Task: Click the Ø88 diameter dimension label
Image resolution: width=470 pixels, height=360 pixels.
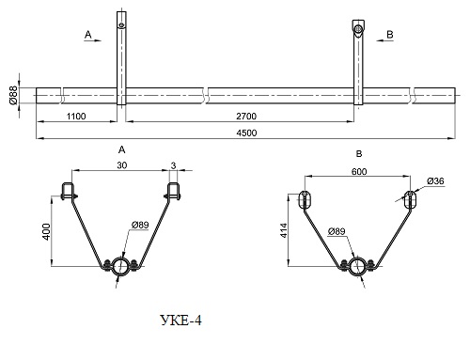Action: [13, 96]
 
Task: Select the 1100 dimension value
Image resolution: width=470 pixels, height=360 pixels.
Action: [76, 117]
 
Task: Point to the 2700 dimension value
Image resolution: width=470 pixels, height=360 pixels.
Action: [246, 117]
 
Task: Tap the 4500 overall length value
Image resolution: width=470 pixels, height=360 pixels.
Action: [246, 133]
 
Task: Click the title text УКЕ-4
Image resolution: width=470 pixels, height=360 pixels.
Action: [181, 321]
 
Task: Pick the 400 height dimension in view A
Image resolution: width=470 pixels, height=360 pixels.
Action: [46, 232]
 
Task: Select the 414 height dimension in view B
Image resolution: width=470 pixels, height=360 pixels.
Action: [284, 230]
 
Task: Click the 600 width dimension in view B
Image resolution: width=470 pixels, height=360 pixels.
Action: [359, 172]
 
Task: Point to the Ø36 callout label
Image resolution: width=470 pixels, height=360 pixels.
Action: [435, 181]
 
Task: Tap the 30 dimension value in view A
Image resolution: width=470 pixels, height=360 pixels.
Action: [122, 165]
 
